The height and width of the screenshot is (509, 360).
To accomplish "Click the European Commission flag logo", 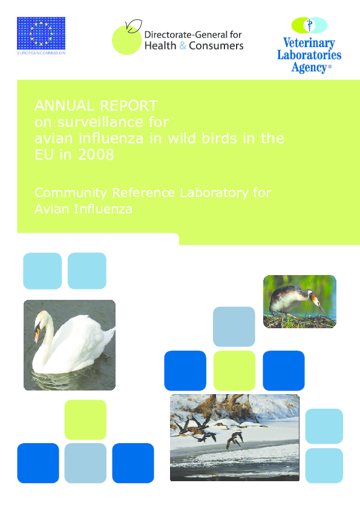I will pyautogui.click(x=41, y=33).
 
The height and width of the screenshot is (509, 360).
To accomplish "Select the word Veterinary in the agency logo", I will pyautogui.click(x=309, y=44).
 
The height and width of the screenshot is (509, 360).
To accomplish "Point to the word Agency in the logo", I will pyautogui.click(x=309, y=67).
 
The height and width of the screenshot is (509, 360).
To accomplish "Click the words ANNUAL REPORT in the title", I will pyautogui.click(x=96, y=106).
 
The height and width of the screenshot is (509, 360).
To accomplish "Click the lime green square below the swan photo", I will pyautogui.click(x=85, y=420).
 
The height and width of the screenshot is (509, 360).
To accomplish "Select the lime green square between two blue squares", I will pyautogui.click(x=234, y=371).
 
